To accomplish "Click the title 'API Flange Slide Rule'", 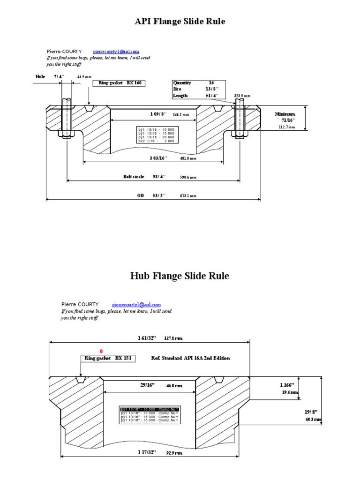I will tap(180, 22).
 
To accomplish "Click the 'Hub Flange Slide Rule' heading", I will tap(180, 276).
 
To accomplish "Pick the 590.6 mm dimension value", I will tap(188, 177).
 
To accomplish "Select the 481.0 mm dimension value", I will tap(188, 158).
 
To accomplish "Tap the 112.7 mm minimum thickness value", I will tap(287, 127).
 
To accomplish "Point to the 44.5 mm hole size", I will tap(84, 76).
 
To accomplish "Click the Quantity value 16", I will tap(211, 82).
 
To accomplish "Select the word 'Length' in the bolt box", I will tap(180, 95).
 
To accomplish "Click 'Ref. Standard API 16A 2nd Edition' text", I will tap(190, 358).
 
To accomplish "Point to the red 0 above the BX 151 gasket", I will tap(100, 351).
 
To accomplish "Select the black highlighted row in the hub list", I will tap(150, 409).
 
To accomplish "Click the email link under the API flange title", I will tap(116, 52).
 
